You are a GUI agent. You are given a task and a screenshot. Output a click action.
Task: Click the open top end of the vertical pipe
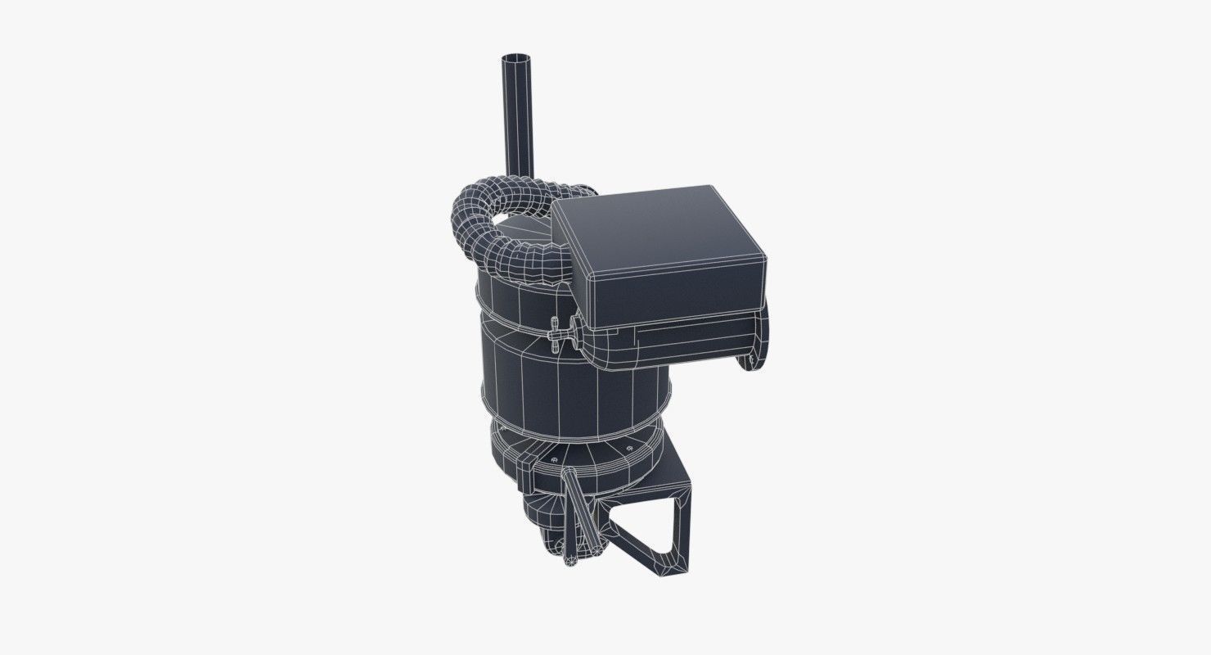point(515,59)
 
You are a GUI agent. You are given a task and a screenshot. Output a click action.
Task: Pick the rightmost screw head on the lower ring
point(628,449)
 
